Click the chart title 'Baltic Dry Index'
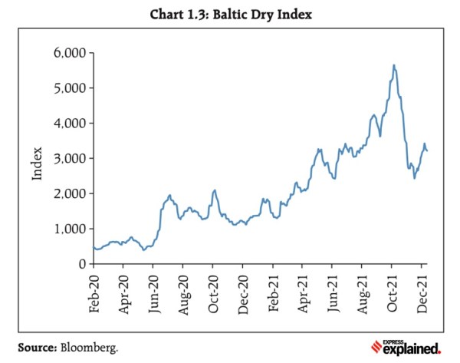tap(229, 12)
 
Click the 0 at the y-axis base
tap(78, 264)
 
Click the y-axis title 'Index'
tap(37, 159)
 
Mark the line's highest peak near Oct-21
tap(393, 65)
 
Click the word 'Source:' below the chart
tap(36, 348)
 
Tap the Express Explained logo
tap(405, 347)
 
